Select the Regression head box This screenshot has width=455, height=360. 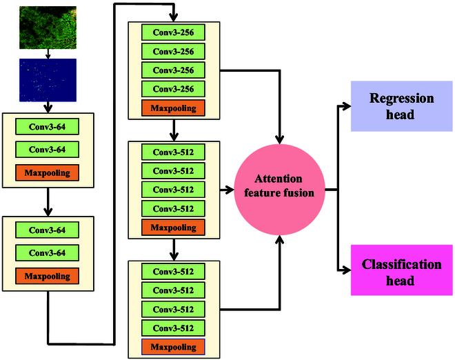pyautogui.click(x=401, y=107)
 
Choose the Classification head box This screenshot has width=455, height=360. pyautogui.click(x=401, y=272)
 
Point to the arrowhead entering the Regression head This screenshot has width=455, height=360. pyautogui.click(x=346, y=107)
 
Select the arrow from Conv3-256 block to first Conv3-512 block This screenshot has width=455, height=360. pyautogui.click(x=174, y=129)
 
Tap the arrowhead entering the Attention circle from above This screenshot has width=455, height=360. pyautogui.click(x=280, y=141)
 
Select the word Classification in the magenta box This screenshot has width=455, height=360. pyautogui.click(x=401, y=265)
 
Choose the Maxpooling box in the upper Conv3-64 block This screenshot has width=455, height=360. pyautogui.click(x=48, y=172)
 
